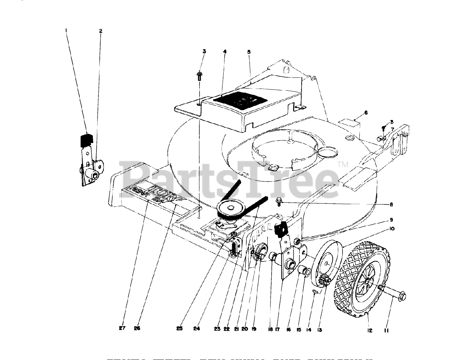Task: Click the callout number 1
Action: (66, 31)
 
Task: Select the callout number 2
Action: (101, 31)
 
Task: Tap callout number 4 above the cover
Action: (225, 52)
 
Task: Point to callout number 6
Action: (366, 113)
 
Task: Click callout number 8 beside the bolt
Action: (391, 204)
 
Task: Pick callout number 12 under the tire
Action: (370, 330)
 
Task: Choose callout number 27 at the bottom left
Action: (122, 328)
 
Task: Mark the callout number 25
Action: (179, 328)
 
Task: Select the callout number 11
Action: (386, 330)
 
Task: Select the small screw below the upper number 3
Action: (200, 76)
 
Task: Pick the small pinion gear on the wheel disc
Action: (324, 281)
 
